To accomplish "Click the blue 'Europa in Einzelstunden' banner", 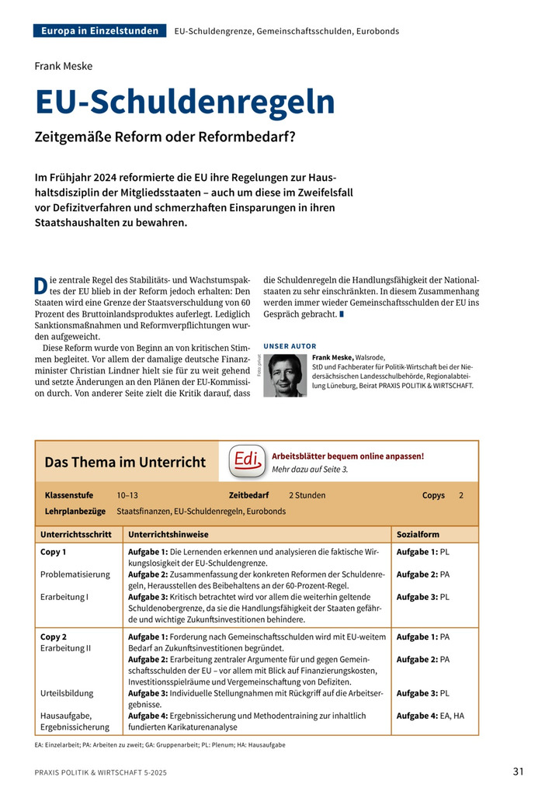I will [100, 31].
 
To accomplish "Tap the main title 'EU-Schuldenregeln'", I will [185, 102].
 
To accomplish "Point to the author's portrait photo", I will [285, 375].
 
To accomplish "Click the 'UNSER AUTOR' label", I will [290, 345].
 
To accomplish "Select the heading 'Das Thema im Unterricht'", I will [125, 462].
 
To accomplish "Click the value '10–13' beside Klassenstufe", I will [127, 494].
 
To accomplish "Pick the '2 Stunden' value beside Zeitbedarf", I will [307, 494].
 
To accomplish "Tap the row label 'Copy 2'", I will [54, 637].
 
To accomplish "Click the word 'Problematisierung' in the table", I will [75, 574].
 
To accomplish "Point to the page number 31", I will [518, 771].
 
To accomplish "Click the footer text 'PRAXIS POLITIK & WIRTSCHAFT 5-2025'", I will [100, 773].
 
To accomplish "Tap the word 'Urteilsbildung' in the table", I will [67, 693].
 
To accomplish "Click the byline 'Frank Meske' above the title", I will [64, 65].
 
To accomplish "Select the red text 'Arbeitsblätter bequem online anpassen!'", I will [348, 456].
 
